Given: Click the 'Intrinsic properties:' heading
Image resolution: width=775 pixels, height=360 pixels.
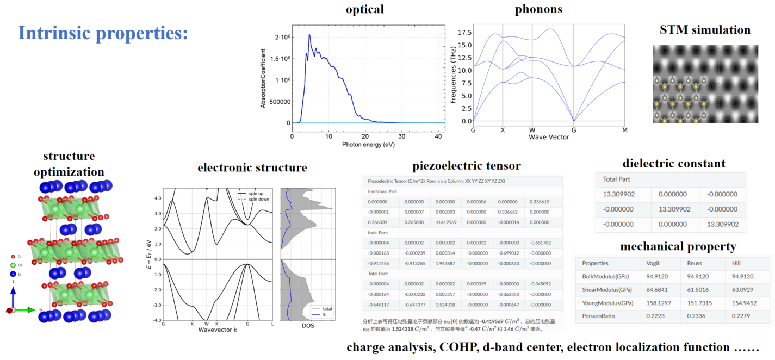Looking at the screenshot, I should [103, 33].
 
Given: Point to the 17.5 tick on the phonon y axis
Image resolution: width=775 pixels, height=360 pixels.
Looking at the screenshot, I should [463, 33].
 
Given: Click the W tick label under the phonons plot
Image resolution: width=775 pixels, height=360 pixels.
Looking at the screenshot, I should [531, 130].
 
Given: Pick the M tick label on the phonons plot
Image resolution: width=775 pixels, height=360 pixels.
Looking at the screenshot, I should [625, 130].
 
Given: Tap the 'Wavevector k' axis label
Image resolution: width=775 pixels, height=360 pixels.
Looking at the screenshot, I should [218, 330].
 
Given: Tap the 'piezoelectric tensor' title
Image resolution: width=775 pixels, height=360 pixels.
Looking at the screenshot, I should [467, 166].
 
